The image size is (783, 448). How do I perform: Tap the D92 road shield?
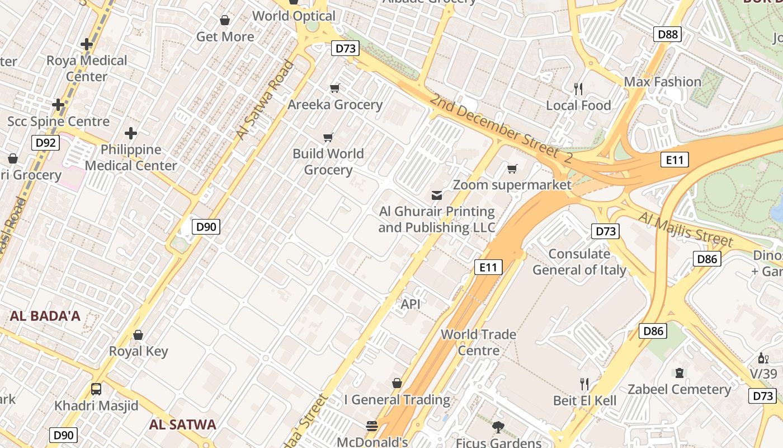pyautogui.click(x=45, y=143)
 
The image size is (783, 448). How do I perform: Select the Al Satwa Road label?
pyautogui.click(x=265, y=100)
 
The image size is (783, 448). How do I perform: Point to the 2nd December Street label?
pyautogui.click(x=501, y=129)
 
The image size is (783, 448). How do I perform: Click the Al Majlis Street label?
pyautogui.click(x=685, y=228)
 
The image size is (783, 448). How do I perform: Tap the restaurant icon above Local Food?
pyautogui.click(x=578, y=88)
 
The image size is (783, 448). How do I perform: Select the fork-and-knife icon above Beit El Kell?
pyautogui.click(x=584, y=384)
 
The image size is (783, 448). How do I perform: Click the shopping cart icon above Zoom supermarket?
pyautogui.click(x=512, y=169)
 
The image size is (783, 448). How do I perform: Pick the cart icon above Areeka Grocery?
pyautogui.click(x=335, y=88)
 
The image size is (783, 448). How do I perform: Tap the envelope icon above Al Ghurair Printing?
pyautogui.click(x=436, y=195)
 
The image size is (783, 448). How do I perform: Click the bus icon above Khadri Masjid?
pyautogui.click(x=96, y=389)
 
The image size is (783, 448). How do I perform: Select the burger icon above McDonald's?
pyautogui.click(x=372, y=426)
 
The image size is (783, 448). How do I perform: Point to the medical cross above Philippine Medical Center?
pyautogui.click(x=131, y=133)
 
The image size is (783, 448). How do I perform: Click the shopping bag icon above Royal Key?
pyautogui.click(x=138, y=335)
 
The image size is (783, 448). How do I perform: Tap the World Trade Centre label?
pyautogui.click(x=478, y=342)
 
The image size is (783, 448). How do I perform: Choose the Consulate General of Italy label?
pyautogui.click(x=579, y=262)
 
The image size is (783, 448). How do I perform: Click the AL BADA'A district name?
pyautogui.click(x=45, y=316)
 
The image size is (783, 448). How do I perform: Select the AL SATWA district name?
pyautogui.click(x=182, y=424)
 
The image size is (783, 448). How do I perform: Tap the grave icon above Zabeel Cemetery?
pyautogui.click(x=679, y=373)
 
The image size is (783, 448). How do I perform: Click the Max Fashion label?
pyautogui.click(x=662, y=82)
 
